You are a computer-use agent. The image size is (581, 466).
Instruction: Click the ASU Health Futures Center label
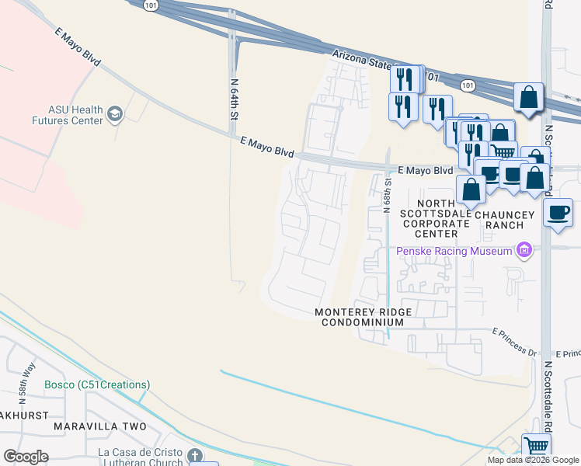65,116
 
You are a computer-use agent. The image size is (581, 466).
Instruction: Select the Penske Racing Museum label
454,251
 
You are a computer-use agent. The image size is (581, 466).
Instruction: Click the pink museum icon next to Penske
524,250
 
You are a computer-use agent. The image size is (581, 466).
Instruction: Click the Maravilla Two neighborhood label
100,427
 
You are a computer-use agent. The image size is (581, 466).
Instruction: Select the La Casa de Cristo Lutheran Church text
140,457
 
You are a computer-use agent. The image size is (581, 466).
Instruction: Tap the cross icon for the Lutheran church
194,455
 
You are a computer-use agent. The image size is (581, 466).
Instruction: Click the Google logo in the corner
26,457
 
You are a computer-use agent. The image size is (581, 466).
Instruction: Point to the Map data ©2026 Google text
533,460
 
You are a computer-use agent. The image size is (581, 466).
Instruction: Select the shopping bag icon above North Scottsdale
471,188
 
